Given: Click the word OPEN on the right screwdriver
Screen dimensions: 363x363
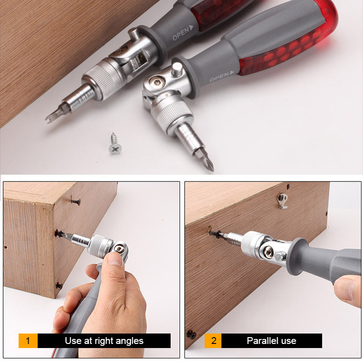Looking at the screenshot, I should coord(220,78).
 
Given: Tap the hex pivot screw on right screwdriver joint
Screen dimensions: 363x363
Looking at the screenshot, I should coord(156,83).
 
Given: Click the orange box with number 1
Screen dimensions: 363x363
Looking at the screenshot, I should coord(28,340).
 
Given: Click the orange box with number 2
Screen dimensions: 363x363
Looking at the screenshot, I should coord(213,340).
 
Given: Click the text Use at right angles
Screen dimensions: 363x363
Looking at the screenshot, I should coord(104,340).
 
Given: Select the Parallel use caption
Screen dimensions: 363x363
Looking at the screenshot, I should coord(271,340).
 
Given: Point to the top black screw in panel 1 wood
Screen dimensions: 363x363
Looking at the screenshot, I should coord(75,201).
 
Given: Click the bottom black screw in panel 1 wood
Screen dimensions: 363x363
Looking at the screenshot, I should coord(59,285).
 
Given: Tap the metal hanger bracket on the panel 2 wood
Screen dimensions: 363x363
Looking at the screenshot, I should coord(283,200).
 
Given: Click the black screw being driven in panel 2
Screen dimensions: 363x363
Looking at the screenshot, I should coord(214,233).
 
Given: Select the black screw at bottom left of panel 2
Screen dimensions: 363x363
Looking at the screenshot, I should coord(191,335).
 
